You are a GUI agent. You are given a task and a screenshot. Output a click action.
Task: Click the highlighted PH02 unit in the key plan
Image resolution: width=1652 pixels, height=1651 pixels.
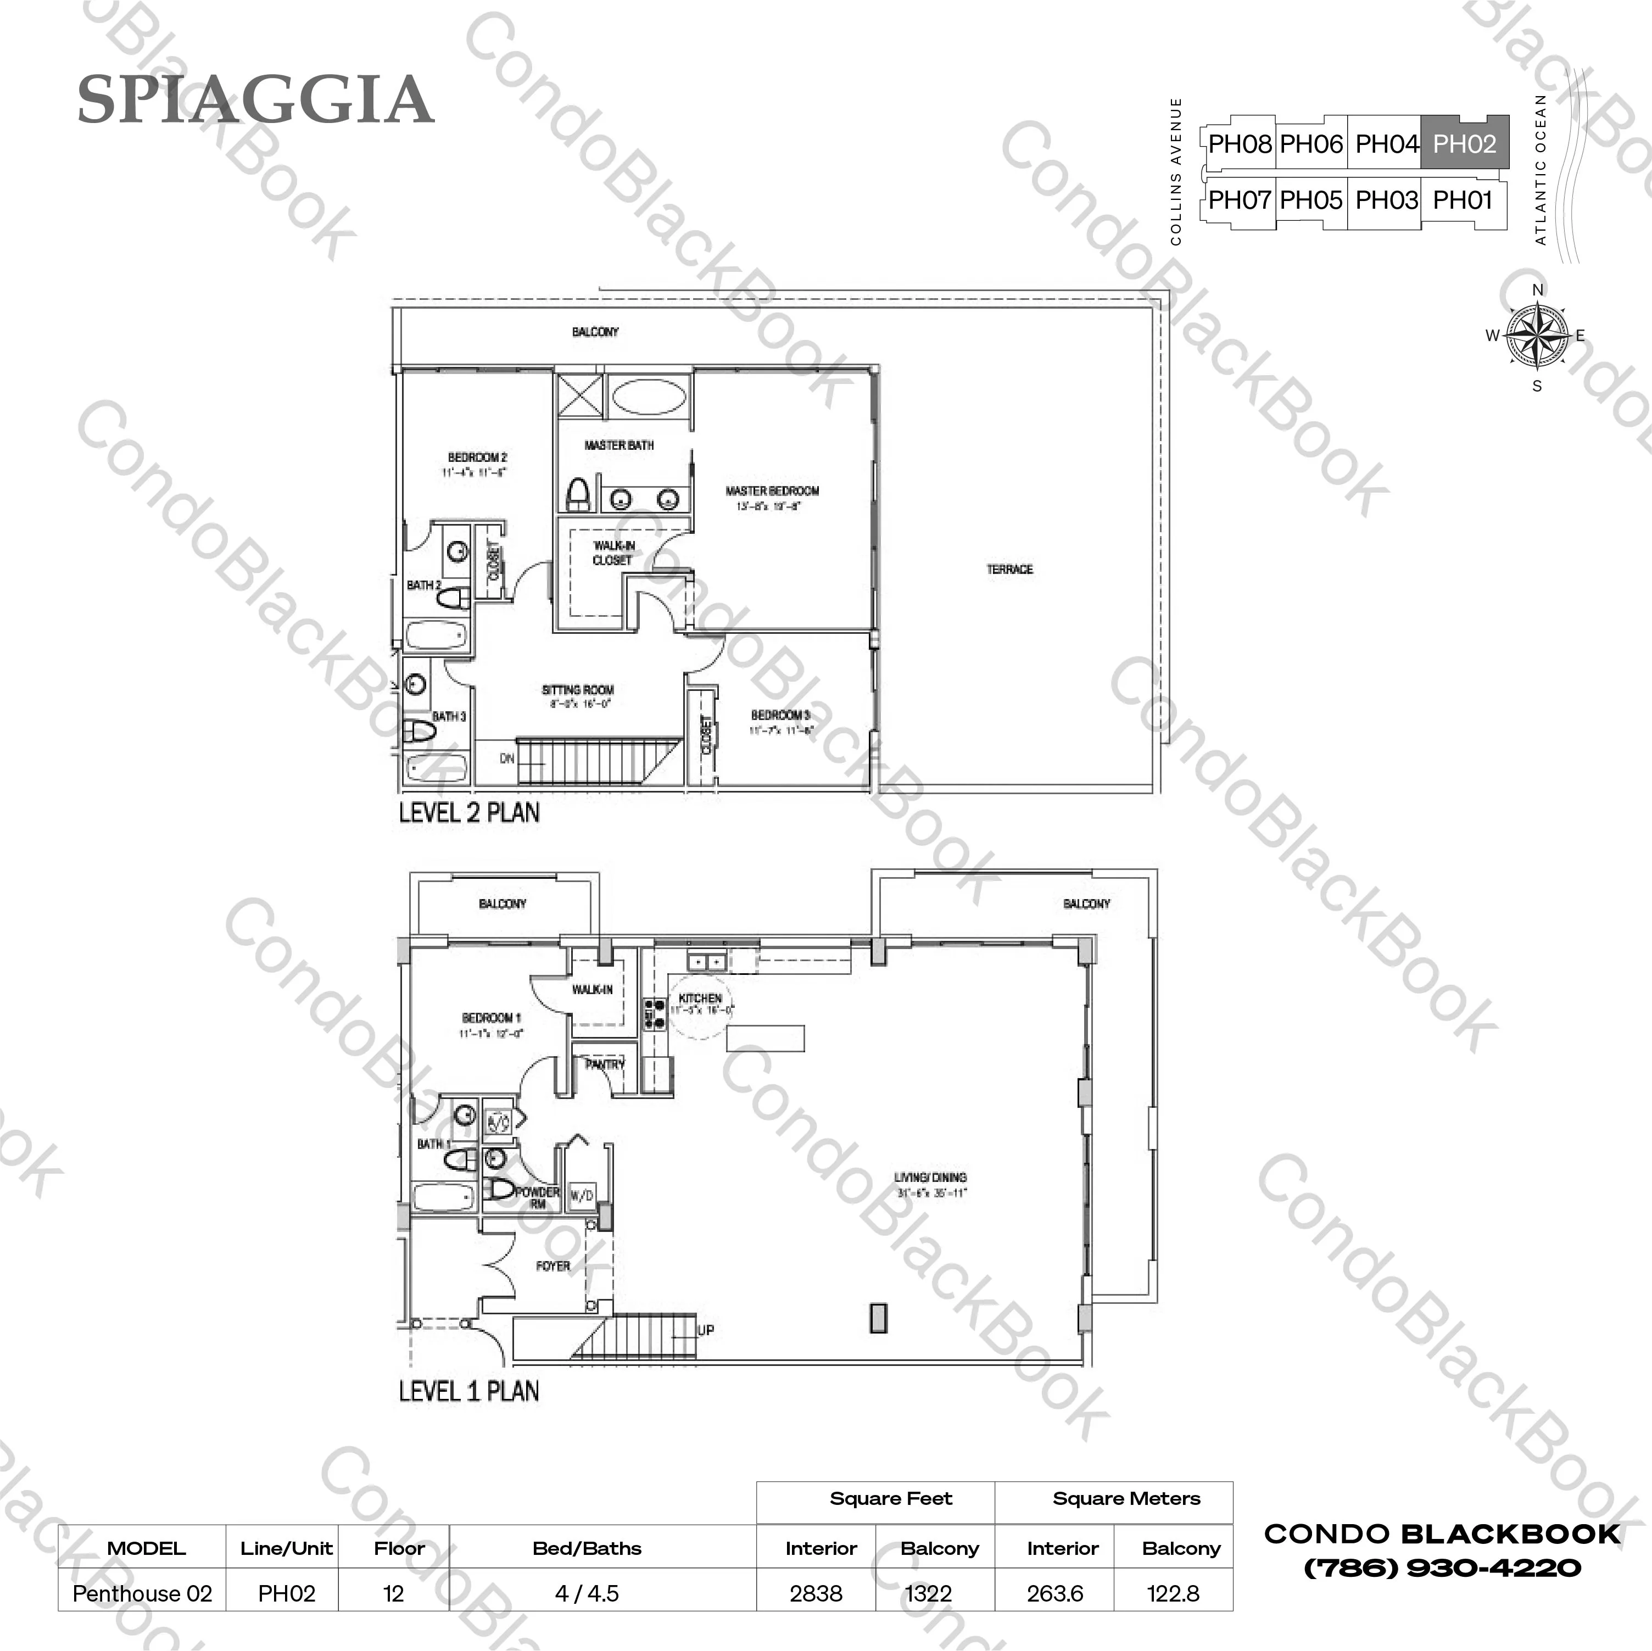click(1464, 144)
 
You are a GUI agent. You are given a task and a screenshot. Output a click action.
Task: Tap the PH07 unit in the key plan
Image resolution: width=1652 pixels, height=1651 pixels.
click(1239, 200)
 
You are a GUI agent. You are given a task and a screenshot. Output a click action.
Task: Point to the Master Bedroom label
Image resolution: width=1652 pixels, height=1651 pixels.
click(772, 491)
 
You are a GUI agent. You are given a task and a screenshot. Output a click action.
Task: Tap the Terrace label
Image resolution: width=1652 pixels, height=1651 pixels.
click(1010, 568)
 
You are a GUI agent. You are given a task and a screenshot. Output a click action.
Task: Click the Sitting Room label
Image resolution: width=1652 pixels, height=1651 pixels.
click(577, 689)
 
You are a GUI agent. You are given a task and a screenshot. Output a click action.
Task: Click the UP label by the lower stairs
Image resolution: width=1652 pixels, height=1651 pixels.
click(705, 1330)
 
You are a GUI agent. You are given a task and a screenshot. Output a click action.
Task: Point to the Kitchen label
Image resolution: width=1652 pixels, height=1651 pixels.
click(700, 998)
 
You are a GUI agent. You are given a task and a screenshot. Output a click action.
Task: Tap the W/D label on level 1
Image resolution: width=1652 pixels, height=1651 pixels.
click(582, 1195)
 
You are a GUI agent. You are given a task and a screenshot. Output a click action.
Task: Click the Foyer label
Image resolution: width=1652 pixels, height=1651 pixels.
click(552, 1266)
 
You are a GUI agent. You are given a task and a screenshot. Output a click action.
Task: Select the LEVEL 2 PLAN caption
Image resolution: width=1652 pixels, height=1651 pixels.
click(470, 812)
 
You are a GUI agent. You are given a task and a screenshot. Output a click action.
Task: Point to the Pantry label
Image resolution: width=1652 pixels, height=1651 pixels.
click(605, 1064)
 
